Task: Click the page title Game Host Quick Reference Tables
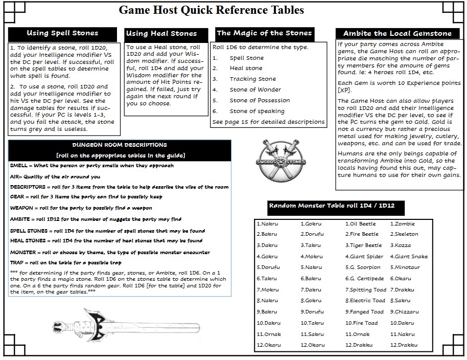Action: tap(211, 10)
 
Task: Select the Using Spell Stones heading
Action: tap(62, 33)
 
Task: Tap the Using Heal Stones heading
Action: tap(161, 34)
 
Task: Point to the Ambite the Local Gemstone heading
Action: tap(397, 34)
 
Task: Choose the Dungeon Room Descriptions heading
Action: tap(120, 145)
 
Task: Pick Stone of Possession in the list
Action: tap(259, 101)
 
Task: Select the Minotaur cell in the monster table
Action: tap(406, 267)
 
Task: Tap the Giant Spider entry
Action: tap(364, 257)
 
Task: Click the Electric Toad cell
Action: tap(365, 301)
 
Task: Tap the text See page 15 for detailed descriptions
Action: tap(268, 122)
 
